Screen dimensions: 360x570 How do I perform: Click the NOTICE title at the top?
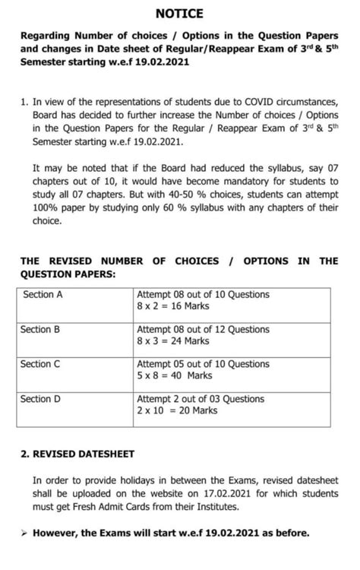(x=179, y=13)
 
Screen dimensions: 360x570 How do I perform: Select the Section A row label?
(x=43, y=295)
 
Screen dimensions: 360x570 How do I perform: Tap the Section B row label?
(x=41, y=330)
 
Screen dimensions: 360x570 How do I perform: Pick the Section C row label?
(x=41, y=364)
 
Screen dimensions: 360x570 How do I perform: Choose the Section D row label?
(x=41, y=398)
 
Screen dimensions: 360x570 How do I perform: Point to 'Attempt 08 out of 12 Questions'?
(x=203, y=330)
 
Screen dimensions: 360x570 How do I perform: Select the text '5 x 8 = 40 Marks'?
(x=175, y=375)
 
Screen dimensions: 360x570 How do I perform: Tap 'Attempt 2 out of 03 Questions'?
(x=201, y=398)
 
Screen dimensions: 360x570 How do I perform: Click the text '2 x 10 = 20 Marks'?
(x=177, y=410)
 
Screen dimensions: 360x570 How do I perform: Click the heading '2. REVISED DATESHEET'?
(x=78, y=454)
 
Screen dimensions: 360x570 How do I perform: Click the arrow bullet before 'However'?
(x=24, y=533)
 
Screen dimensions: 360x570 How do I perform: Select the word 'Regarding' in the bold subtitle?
(x=48, y=35)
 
